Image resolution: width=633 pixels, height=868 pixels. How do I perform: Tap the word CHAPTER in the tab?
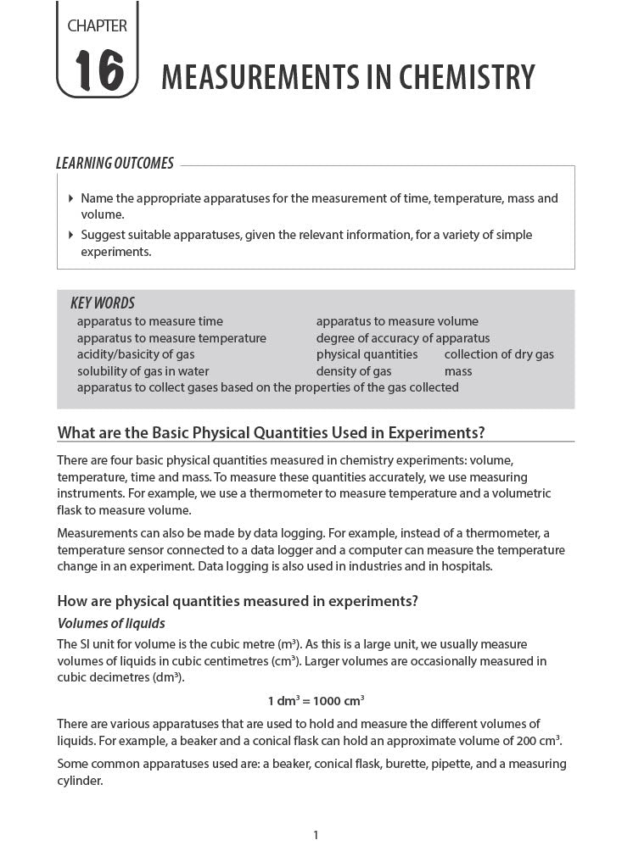point(97,26)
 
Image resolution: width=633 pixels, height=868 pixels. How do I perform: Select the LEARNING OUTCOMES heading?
point(115,164)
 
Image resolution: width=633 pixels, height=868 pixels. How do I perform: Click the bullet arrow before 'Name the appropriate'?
point(70,199)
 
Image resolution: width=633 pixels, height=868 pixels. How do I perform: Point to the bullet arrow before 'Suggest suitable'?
point(70,236)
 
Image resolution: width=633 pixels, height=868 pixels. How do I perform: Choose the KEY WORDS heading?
point(102,303)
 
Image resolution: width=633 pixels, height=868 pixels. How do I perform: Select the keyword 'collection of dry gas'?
point(498,354)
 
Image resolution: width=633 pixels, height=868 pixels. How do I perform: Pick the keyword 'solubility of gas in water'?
point(143,371)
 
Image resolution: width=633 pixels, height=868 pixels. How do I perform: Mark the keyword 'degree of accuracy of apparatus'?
point(403,338)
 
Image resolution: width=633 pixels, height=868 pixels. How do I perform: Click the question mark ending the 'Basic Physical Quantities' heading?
point(480,433)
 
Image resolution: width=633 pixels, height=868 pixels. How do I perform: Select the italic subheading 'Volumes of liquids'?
point(110,624)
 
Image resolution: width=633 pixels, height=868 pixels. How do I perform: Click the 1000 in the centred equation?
point(328,701)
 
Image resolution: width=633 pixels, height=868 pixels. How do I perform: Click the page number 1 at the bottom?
point(316,836)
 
